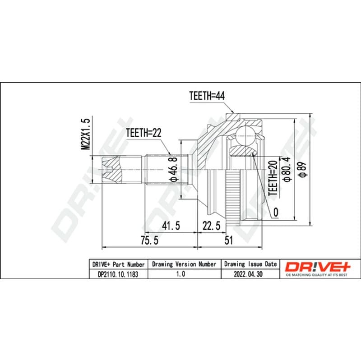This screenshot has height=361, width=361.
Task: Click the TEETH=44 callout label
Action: click(x=207, y=96)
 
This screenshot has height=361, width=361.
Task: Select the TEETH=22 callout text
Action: click(x=143, y=133)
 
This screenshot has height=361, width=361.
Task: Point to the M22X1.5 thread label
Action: click(x=85, y=134)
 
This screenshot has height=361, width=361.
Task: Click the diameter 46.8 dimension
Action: click(x=174, y=169)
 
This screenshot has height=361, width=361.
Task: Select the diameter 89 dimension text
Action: click(x=302, y=170)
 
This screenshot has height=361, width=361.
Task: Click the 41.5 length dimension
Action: click(x=171, y=226)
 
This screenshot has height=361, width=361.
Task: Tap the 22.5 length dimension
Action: click(x=211, y=226)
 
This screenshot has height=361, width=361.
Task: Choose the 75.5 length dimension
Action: click(x=150, y=241)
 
